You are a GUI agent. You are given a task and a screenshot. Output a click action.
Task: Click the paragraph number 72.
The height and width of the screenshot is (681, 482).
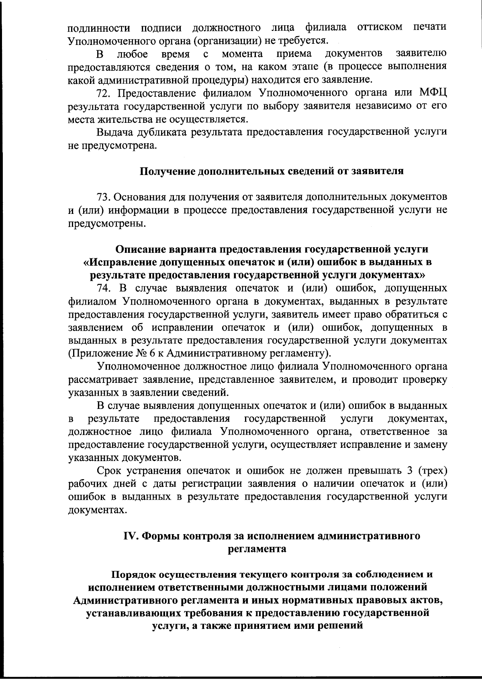click(104, 94)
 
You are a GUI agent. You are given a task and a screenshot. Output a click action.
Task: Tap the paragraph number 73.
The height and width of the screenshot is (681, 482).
click(104, 197)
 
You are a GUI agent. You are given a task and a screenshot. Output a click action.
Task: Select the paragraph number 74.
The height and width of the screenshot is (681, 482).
click(104, 289)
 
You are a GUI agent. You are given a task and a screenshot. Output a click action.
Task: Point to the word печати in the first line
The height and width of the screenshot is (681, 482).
click(429, 27)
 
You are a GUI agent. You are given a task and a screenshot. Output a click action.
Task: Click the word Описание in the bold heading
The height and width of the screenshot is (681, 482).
click(140, 249)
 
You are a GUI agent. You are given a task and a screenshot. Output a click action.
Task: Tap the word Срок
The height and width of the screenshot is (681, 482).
click(110, 470)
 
